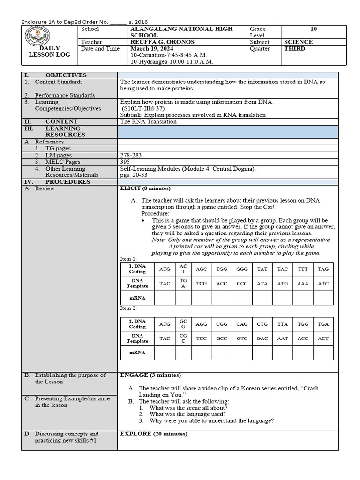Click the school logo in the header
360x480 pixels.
[x=50, y=36]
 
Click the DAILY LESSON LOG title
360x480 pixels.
[x=50, y=52]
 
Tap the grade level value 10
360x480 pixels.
[x=314, y=29]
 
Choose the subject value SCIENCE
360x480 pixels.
[x=299, y=42]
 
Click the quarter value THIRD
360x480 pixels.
[x=295, y=49]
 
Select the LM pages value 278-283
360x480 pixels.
[x=131, y=155]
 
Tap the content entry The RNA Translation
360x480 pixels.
[x=149, y=121]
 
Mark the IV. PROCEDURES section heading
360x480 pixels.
[x=65, y=182]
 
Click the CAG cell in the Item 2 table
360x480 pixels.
[x=242, y=324]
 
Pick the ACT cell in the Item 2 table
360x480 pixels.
[x=323, y=338]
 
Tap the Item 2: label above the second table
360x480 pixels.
[x=128, y=308]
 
